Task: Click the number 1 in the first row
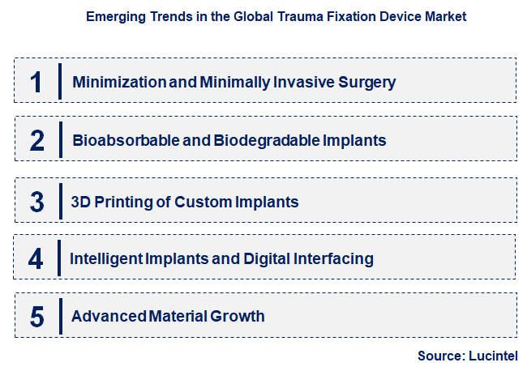(x=36, y=82)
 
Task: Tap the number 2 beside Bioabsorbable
(x=36, y=140)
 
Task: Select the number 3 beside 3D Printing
(x=36, y=202)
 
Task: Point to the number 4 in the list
(x=36, y=258)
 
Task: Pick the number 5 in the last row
(x=36, y=316)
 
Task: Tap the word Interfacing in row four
(x=332, y=258)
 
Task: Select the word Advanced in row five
(x=106, y=316)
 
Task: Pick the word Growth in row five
(x=238, y=316)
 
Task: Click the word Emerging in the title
(x=112, y=16)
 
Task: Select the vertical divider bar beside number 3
(x=60, y=202)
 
